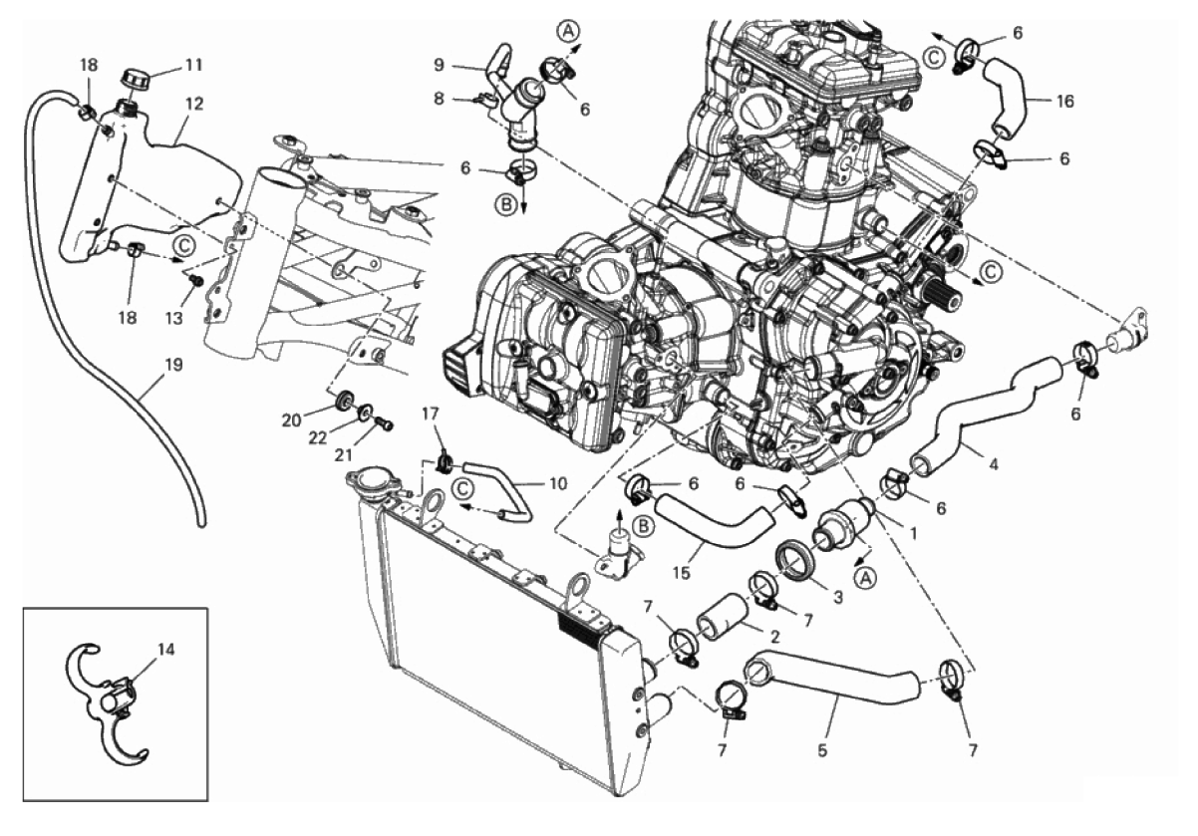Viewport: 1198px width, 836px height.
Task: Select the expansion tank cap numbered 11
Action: pos(134,77)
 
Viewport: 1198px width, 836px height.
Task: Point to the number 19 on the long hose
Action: pos(172,366)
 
